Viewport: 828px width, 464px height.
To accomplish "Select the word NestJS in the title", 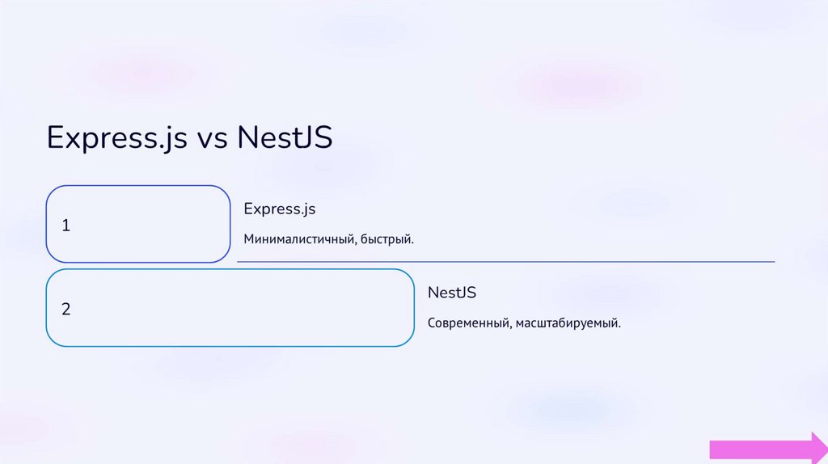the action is click(x=285, y=137).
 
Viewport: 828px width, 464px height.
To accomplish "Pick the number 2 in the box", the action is click(x=66, y=309).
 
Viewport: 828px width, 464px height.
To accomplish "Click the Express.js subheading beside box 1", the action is click(x=279, y=209).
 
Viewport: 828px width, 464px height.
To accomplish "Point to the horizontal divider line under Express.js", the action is click(x=505, y=262).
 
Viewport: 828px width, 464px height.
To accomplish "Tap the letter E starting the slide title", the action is click(x=56, y=137).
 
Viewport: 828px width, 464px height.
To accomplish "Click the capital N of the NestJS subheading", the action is click(x=433, y=293).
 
